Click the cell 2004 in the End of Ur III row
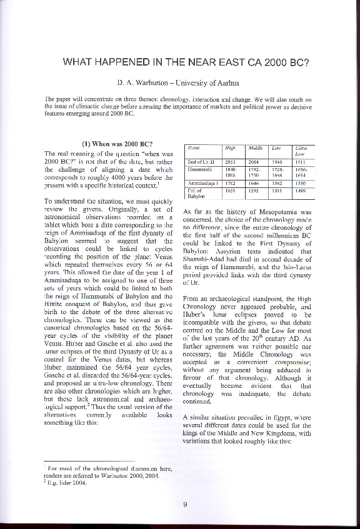tap(254, 161)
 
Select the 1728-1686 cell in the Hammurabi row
tap(279, 172)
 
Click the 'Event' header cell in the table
tap(193, 148)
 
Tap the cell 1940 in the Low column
tap(278, 161)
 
